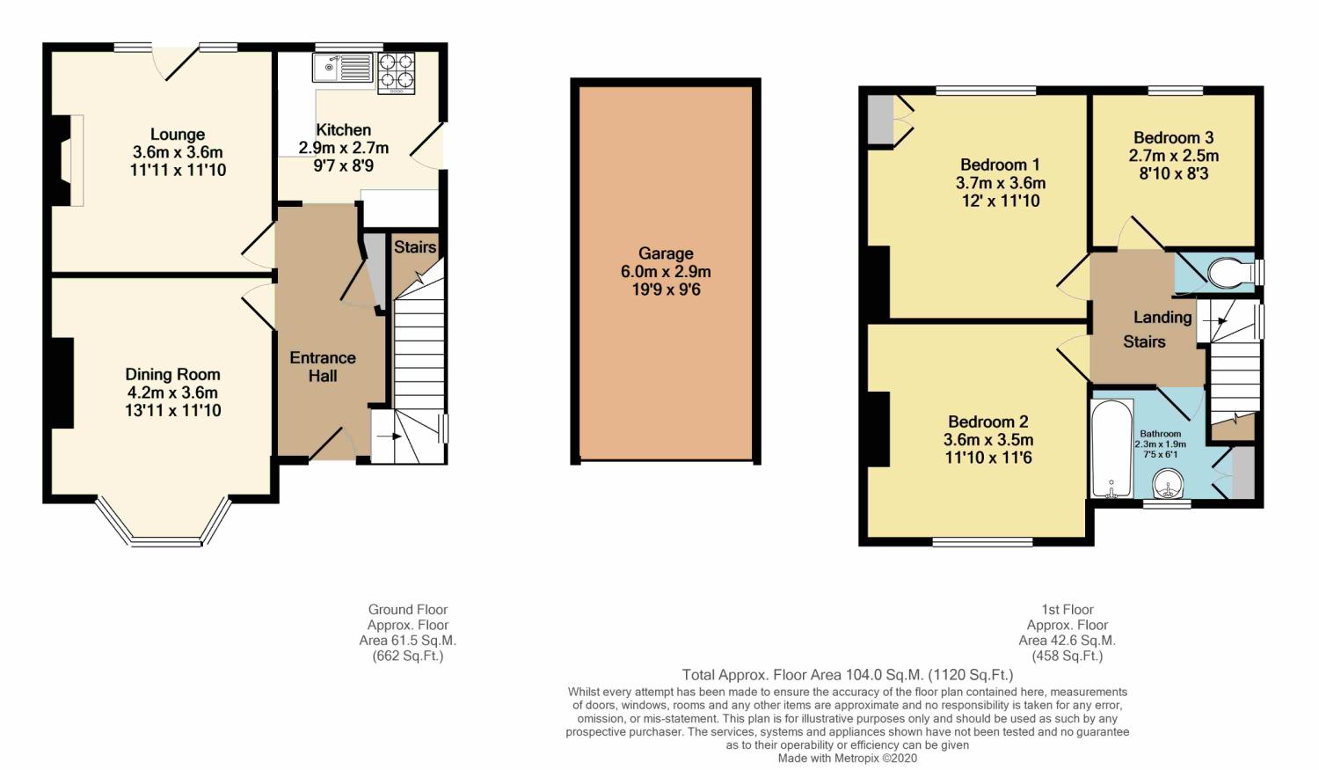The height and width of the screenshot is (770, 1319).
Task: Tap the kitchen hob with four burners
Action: click(x=396, y=73)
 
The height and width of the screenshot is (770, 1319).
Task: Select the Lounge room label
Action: click(x=178, y=135)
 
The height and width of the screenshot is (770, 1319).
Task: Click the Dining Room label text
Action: click(x=172, y=374)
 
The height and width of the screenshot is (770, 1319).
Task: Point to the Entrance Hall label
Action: click(x=323, y=367)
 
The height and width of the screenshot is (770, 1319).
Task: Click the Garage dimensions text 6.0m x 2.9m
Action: click(x=666, y=272)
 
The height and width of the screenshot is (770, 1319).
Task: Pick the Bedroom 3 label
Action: click(x=1173, y=137)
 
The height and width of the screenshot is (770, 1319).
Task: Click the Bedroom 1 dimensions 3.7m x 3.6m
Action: click(x=1000, y=183)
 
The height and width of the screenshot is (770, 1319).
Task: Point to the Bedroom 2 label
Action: click(x=987, y=422)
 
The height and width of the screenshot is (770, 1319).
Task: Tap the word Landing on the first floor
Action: click(x=1162, y=317)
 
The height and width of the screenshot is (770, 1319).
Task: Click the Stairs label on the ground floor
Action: click(x=414, y=247)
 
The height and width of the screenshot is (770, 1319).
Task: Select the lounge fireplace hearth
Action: click(x=76, y=160)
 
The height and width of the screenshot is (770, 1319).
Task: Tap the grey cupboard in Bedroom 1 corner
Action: click(x=878, y=120)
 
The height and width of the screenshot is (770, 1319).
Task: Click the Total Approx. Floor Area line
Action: click(x=847, y=675)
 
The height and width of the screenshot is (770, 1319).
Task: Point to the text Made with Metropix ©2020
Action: click(x=847, y=758)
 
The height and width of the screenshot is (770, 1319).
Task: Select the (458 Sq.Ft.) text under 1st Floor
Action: click(x=1067, y=656)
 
